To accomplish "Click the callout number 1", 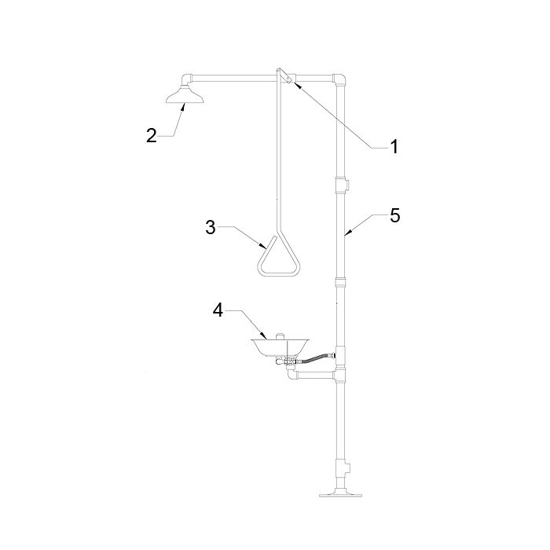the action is click(394, 146).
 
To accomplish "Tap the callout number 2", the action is click(152, 135).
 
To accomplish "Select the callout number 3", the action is click(210, 227).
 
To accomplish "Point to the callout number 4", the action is click(218, 310).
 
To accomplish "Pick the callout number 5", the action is click(395, 215).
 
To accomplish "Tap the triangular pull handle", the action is click(279, 255).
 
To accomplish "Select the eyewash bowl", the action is click(280, 347).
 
